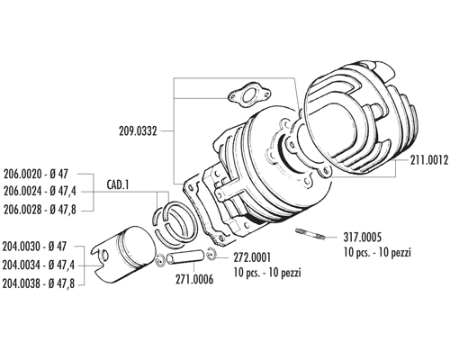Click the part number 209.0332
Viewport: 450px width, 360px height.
pyautogui.click(x=138, y=131)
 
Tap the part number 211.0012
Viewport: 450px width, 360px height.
pyautogui.click(x=429, y=160)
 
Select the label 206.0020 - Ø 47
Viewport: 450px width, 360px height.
pyautogui.click(x=36, y=174)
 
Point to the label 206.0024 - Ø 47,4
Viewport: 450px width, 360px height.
pyautogui.click(x=40, y=192)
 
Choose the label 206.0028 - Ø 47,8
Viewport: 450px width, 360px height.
pyautogui.click(x=40, y=210)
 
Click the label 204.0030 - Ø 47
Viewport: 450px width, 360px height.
pyautogui.click(x=34, y=247)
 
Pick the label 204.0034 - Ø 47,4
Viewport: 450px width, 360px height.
pyautogui.click(x=39, y=265)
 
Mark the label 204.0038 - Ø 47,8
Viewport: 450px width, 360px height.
pyautogui.click(x=39, y=283)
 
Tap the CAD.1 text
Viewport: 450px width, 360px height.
pyautogui.click(x=118, y=184)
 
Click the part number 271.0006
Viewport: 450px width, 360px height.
pyautogui.click(x=194, y=279)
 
